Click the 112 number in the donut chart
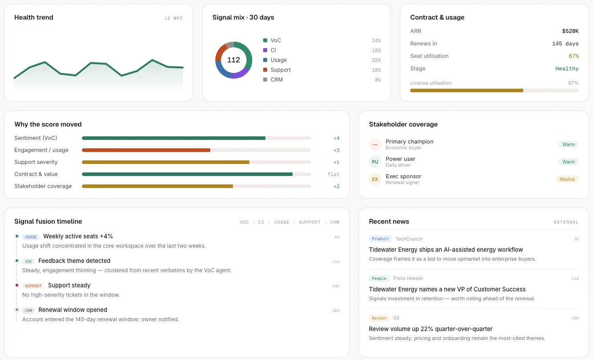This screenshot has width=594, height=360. [233, 60]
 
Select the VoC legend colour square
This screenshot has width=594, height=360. [265, 41]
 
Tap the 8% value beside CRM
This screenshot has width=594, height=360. [378, 80]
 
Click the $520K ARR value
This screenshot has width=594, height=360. [570, 31]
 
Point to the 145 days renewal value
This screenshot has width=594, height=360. [565, 44]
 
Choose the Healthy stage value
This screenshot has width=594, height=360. [567, 69]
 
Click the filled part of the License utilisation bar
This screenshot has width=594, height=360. [467, 90]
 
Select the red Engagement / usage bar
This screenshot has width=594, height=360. [146, 150]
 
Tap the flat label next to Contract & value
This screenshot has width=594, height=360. [334, 174]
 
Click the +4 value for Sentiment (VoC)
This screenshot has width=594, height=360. [336, 138]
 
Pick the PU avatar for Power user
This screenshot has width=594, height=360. [374, 162]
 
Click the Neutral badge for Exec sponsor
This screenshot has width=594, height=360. [567, 179]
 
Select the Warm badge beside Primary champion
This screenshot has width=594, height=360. [568, 144]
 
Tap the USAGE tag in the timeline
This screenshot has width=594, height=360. [31, 237]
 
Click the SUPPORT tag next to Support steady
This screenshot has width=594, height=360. [33, 286]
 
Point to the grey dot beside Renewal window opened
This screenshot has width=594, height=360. [17, 310]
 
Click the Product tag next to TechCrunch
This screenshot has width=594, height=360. [380, 239]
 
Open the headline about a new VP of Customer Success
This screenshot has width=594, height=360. [447, 289]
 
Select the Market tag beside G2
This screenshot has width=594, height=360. [379, 318]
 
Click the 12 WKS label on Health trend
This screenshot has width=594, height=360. [173, 18]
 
